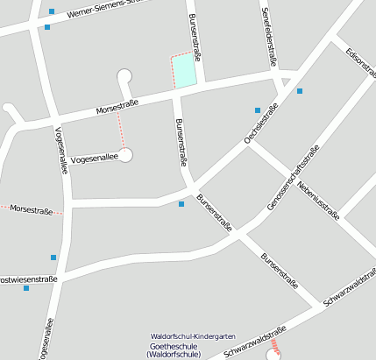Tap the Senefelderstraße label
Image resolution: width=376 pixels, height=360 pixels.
[271, 36]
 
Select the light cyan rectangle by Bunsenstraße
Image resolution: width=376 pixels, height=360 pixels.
[183, 69]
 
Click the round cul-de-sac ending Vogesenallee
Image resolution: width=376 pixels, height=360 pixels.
[125, 155]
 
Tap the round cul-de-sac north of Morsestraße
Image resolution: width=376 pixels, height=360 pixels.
[124, 75]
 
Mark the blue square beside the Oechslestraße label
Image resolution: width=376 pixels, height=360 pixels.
[258, 110]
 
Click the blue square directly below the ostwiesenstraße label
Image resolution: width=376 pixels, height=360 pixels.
[26, 288]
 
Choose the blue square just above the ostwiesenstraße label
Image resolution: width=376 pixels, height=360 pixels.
[53, 258]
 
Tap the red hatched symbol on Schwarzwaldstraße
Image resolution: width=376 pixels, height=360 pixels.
[275, 347]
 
